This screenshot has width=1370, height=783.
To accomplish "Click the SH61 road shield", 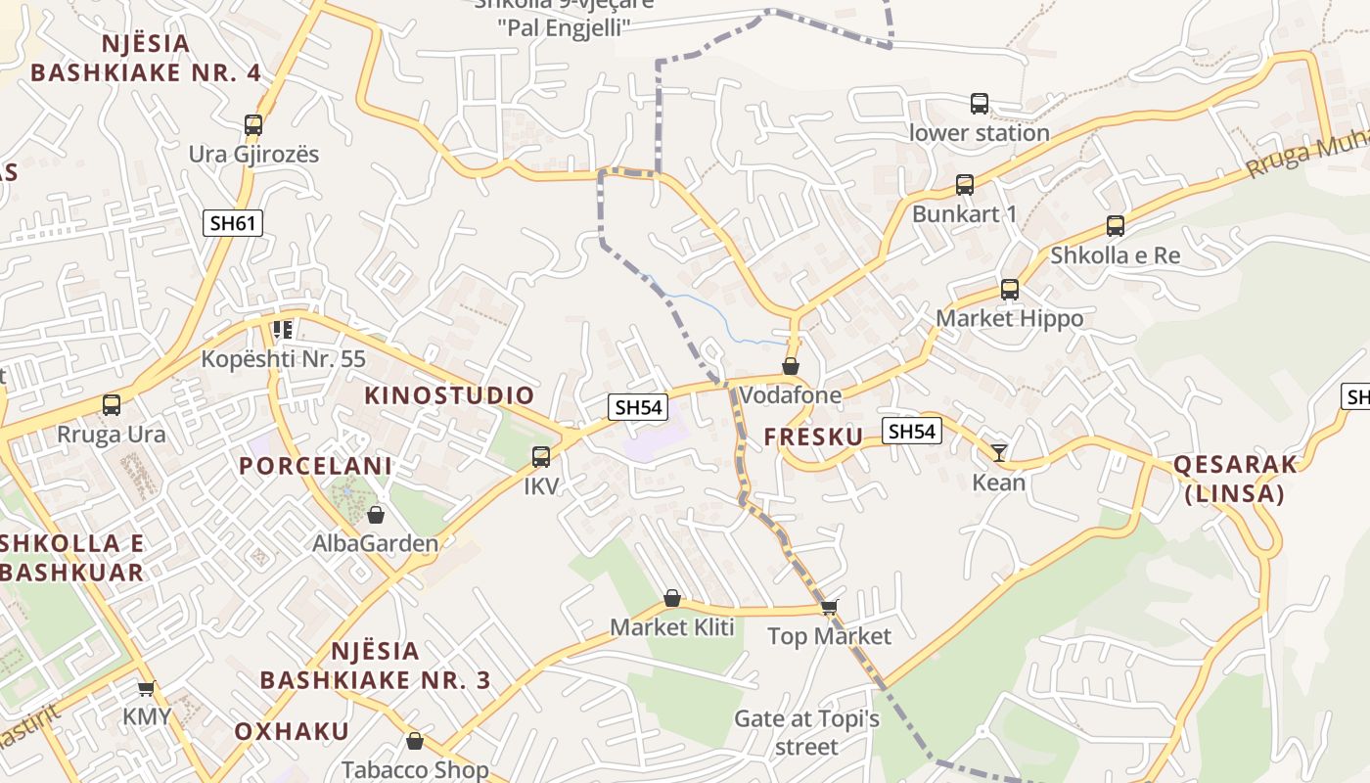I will [234, 223].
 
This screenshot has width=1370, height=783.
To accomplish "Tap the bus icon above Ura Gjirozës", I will [253, 125].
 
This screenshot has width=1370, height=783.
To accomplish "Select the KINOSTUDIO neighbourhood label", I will [449, 395].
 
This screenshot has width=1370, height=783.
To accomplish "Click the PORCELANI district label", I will [315, 466].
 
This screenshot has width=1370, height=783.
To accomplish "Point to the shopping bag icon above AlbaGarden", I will [375, 515].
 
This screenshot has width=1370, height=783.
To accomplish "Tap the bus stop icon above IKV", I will [540, 456].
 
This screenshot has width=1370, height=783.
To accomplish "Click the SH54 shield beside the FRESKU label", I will [911, 431].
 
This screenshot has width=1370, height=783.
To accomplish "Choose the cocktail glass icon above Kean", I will [998, 452].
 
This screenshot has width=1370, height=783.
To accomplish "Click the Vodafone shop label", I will [790, 395].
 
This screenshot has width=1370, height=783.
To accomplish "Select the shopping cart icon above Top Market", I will [829, 608].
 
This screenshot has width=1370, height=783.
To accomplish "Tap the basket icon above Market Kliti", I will [672, 598].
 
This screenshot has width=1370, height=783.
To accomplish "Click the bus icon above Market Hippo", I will [1010, 290].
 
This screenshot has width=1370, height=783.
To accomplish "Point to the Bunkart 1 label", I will [964, 213].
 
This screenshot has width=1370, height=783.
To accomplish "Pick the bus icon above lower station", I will [979, 104].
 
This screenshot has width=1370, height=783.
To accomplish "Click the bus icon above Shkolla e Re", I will [1115, 226].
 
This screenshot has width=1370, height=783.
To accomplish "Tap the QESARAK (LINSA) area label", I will [1234, 479].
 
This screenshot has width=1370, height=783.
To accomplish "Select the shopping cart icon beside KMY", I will [147, 689].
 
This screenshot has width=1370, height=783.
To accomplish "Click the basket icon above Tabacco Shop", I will [415, 741].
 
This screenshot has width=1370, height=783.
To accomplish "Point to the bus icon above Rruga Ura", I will [112, 405].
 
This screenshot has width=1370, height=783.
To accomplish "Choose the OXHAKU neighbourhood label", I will [292, 731].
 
